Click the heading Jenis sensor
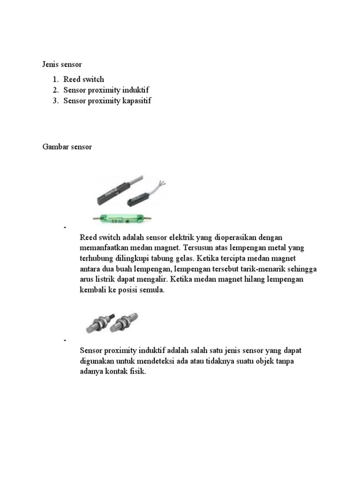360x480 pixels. [x=62, y=63]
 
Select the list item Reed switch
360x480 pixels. [x=84, y=79]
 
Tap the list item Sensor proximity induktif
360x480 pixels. [x=107, y=90]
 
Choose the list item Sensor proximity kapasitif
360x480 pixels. [x=108, y=100]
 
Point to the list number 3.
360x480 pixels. [x=55, y=100]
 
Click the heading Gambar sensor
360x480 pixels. [x=67, y=147]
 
